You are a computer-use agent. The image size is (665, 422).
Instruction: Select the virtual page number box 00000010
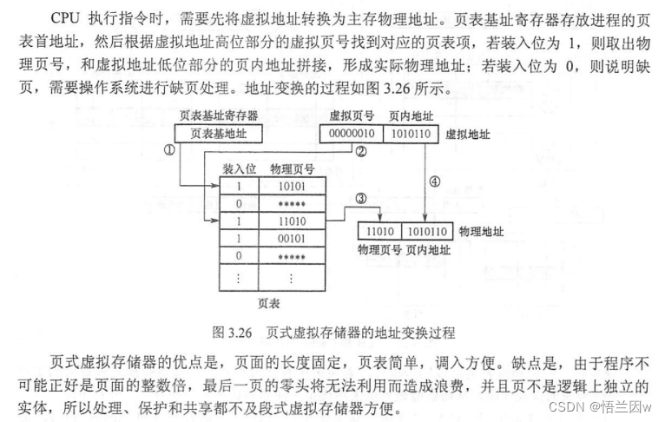(349, 134)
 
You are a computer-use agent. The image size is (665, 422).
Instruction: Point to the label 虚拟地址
(465, 135)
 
